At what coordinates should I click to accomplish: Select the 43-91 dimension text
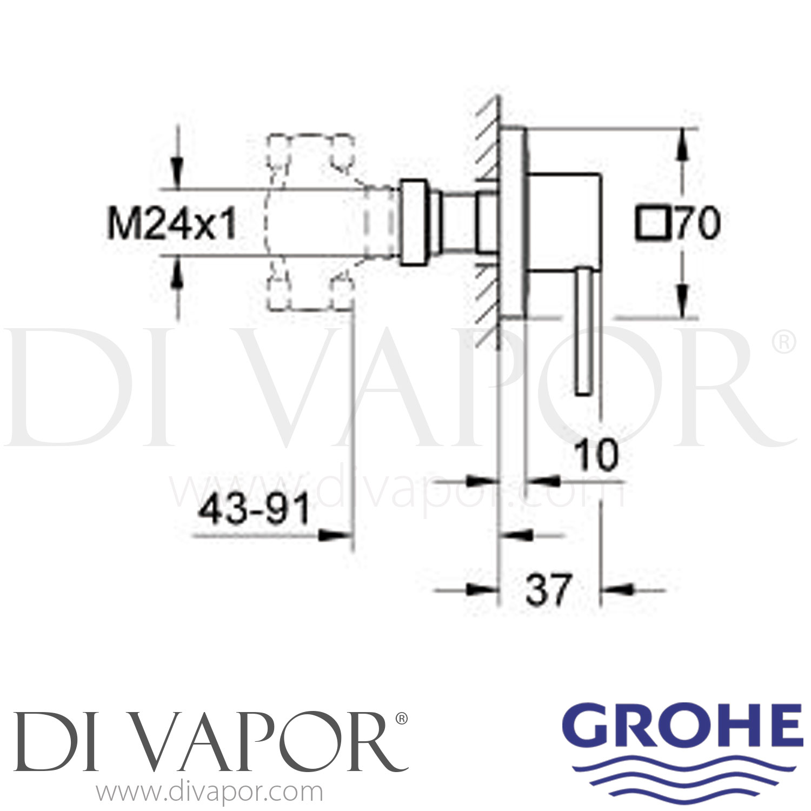point(254,509)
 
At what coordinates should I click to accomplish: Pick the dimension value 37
point(548,590)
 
